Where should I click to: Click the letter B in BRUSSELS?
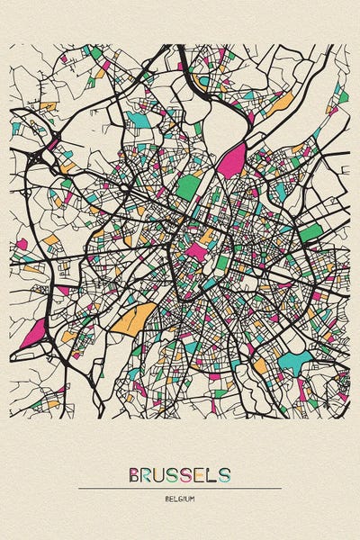coord(135,475)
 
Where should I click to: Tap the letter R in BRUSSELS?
coord(148,475)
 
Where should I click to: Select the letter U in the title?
coord(163,475)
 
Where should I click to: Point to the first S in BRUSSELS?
coord(176,475)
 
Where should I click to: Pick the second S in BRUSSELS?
coord(189,475)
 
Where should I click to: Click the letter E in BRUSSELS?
coord(202,475)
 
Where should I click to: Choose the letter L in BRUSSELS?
coord(213,475)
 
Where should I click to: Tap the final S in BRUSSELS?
coord(225,475)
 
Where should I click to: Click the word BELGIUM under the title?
coord(180,498)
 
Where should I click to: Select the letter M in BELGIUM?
coord(192,498)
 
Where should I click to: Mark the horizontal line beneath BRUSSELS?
coord(180,489)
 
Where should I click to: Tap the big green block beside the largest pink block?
coord(188,187)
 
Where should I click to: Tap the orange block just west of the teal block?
coord(261,366)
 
